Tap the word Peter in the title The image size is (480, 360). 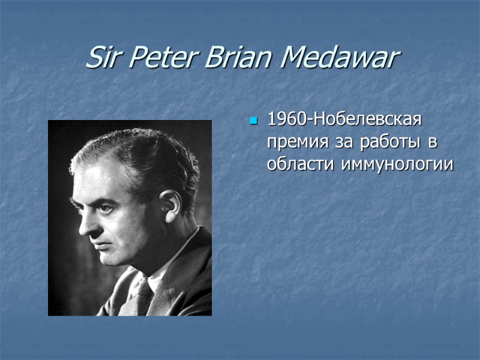tap(159, 58)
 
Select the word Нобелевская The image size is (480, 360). tap(366, 120)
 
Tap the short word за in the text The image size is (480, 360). tap(342, 142)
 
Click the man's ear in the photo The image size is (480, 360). tap(169, 205)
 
